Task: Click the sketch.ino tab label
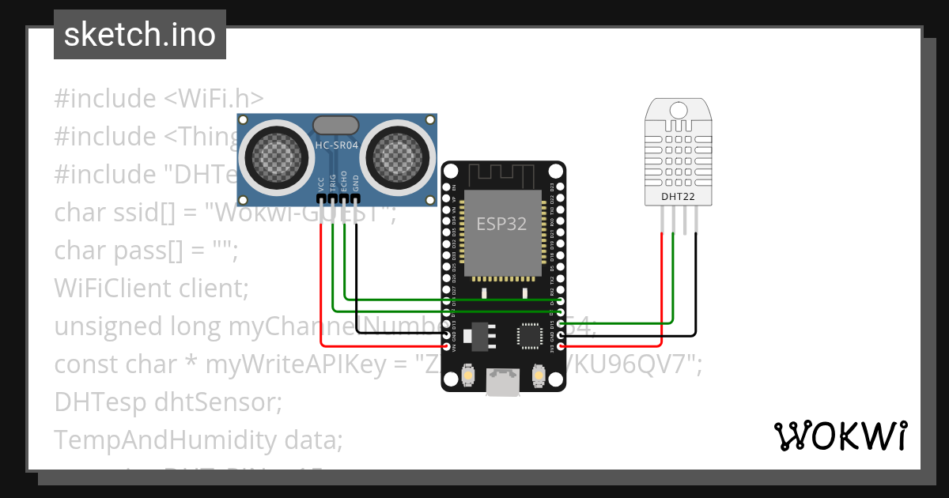(139, 35)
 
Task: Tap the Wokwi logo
(840, 436)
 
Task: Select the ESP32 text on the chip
(501, 224)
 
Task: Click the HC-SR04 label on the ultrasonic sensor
(338, 145)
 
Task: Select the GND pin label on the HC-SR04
(356, 183)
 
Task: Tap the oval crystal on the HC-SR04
(338, 124)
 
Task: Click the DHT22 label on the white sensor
(678, 196)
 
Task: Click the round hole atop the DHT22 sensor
(678, 108)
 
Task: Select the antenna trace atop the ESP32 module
(503, 174)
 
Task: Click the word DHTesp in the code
(96, 402)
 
